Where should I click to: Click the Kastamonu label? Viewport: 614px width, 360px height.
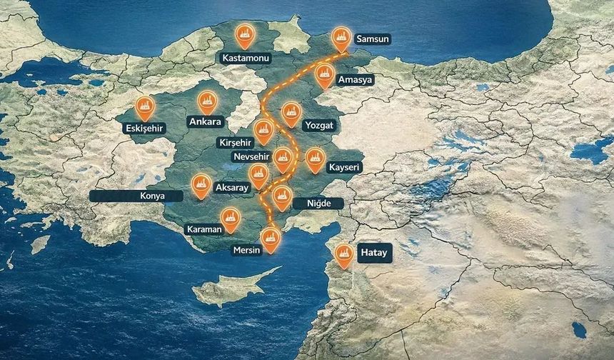[244, 58]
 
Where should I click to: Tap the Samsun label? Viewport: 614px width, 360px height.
[372, 39]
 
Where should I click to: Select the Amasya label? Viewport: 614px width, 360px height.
[356, 80]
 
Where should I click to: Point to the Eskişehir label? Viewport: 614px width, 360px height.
[144, 129]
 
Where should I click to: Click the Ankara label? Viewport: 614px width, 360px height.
[205, 121]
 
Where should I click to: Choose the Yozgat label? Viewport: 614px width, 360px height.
[318, 125]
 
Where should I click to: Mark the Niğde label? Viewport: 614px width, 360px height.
[318, 204]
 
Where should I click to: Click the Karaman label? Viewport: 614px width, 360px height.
[204, 229]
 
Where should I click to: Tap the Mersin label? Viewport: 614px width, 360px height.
[247, 251]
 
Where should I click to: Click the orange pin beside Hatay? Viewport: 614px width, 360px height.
[344, 254]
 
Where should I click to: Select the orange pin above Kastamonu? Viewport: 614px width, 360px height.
[245, 35]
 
